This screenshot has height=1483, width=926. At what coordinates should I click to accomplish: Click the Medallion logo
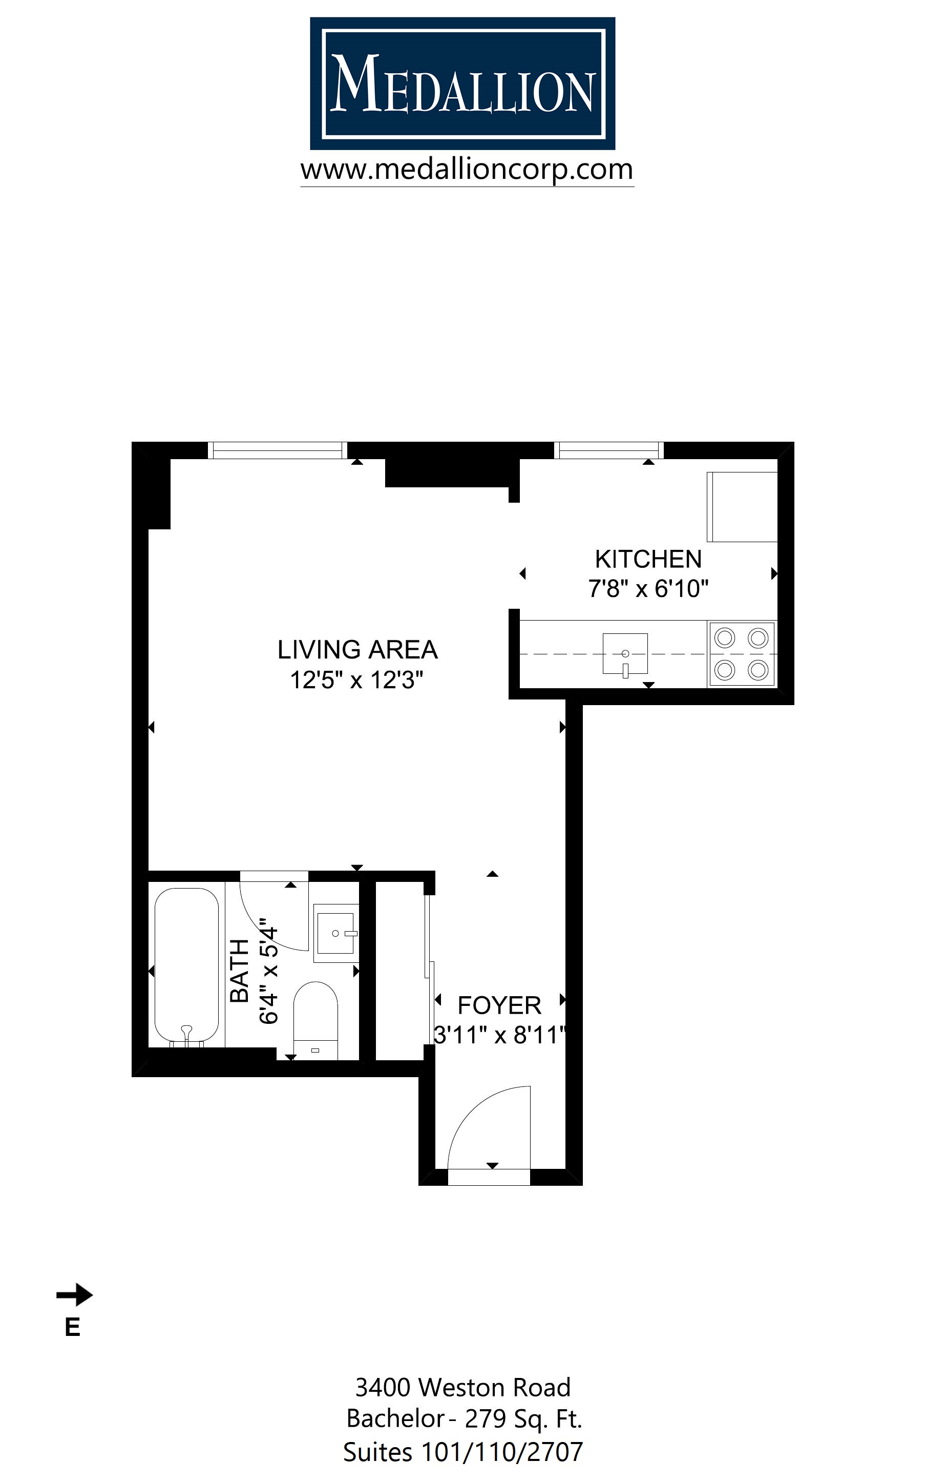point(462,84)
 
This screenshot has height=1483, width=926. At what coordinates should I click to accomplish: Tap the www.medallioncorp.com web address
point(467,169)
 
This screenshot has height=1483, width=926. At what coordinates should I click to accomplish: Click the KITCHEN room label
point(648,559)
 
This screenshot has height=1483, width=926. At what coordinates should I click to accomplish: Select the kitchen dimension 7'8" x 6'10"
point(648,589)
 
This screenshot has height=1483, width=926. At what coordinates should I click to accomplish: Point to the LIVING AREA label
point(357,650)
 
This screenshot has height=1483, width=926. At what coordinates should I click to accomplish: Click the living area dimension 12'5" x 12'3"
point(357,680)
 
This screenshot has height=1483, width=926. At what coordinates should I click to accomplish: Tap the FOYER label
point(499,1005)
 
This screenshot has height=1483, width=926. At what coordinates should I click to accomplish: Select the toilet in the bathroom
point(315,1018)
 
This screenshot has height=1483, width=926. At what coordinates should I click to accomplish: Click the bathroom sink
point(335,933)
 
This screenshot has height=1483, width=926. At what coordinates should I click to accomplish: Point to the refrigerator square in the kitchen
point(742,507)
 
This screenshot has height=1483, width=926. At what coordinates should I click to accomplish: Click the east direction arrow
point(74,1295)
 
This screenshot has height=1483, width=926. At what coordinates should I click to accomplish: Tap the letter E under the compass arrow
point(72,1327)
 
